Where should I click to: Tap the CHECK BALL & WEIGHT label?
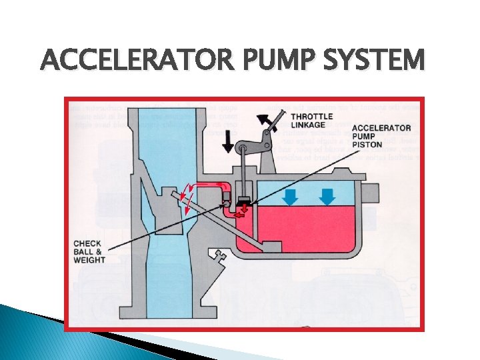(x=89, y=251)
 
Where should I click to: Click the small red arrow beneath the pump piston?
(x=244, y=211)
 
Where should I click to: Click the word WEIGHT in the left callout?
(x=89, y=260)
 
